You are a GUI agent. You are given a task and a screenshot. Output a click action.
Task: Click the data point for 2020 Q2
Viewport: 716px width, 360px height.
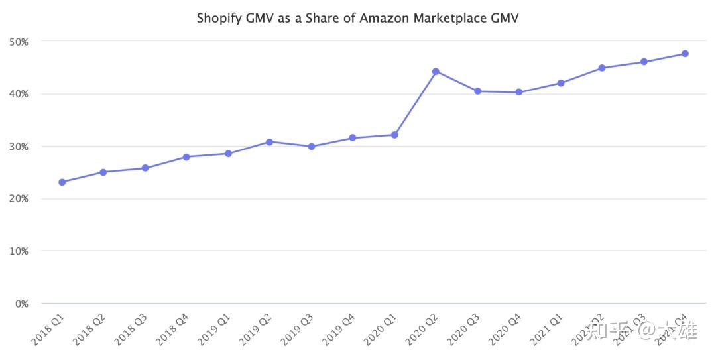click(436, 71)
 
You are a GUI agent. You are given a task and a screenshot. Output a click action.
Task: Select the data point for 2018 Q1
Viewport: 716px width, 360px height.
click(62, 182)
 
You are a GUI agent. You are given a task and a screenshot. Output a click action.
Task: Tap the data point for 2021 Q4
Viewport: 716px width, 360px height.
click(685, 54)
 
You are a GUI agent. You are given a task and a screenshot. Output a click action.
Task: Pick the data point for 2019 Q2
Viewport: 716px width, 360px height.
click(269, 141)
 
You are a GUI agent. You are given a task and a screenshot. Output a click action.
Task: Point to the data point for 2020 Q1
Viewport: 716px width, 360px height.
click(394, 135)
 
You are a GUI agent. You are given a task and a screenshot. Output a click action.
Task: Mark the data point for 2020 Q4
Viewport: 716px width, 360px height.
click(518, 92)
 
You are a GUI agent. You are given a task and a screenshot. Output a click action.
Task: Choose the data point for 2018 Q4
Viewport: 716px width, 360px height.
click(186, 156)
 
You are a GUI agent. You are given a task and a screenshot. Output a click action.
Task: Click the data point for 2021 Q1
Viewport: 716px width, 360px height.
click(560, 83)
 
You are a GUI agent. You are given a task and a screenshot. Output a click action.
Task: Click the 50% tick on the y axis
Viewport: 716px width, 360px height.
click(19, 41)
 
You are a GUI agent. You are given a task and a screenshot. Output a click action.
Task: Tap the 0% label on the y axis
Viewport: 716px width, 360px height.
click(21, 304)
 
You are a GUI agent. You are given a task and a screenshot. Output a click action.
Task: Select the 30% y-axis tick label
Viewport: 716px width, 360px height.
click(19, 146)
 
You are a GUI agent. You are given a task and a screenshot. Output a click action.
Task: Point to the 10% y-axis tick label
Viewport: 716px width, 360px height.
click(19, 251)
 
